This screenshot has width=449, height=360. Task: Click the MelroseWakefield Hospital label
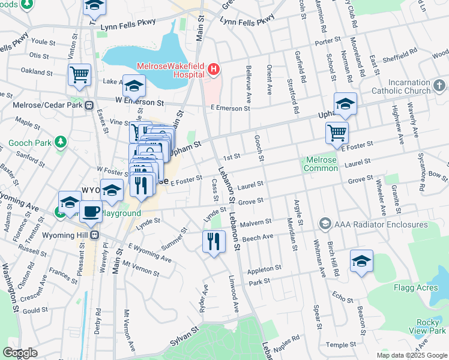[170, 71]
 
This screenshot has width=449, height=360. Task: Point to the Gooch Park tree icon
[60, 143]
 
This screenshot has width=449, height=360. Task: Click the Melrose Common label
[321, 164]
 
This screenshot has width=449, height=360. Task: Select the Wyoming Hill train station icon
[94, 235]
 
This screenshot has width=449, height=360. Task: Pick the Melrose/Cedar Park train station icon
[89, 105]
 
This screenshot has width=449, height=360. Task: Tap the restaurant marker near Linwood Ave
[214, 241]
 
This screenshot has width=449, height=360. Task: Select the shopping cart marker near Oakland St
[79, 74]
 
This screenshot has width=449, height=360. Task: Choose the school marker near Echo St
[361, 261]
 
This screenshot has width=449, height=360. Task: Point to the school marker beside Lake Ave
[134, 86]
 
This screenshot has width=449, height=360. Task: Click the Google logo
[20, 353]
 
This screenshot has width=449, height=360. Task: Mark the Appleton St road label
[264, 269]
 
